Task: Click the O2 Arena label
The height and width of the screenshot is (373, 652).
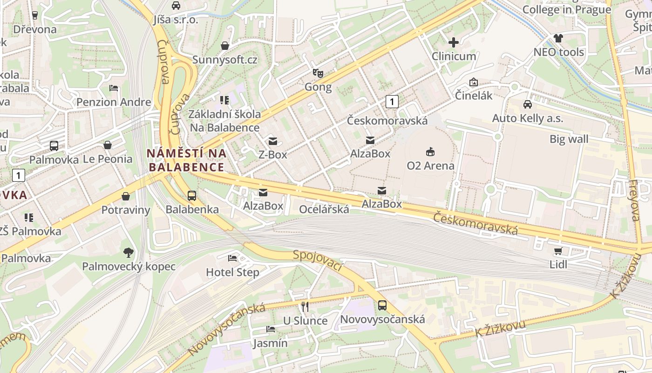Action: point(430,166)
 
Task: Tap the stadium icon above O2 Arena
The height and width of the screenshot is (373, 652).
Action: point(430,152)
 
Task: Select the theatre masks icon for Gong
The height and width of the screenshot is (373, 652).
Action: point(318,73)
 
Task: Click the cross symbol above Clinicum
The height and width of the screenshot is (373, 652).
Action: point(453,42)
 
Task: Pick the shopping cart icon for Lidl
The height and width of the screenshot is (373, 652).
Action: point(558,251)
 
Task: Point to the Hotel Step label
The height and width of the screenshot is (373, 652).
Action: point(232,272)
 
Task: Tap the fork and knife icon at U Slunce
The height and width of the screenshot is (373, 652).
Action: point(305,306)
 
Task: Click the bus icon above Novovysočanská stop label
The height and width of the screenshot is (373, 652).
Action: point(382,305)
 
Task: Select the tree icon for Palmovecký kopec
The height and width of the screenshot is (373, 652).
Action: point(129,253)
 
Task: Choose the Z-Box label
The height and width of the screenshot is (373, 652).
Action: point(273,154)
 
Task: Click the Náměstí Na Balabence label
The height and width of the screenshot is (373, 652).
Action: point(186,160)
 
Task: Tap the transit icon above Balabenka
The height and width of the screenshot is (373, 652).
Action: point(192,196)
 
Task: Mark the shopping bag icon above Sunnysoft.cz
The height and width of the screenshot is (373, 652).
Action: point(225,46)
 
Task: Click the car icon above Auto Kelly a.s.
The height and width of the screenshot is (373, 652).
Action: point(527,104)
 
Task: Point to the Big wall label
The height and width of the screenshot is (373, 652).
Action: point(569,139)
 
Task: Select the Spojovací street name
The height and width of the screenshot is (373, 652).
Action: point(318,261)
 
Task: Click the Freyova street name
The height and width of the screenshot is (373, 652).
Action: point(634,200)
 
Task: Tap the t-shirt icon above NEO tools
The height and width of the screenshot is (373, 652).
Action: point(558,38)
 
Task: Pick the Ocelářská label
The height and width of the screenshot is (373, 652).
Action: point(324,209)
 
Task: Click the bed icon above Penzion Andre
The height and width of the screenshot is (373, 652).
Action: point(114,88)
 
